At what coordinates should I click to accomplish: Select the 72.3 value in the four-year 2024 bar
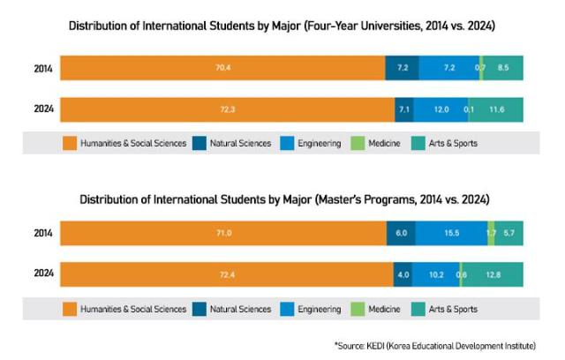pos(228,109)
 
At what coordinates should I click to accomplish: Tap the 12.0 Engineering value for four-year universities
pos(441,109)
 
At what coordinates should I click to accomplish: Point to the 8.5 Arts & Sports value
pos(503,67)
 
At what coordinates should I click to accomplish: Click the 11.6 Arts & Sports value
pos(496,109)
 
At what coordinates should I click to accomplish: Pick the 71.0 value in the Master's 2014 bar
pos(224,233)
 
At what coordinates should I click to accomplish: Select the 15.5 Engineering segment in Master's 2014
pos(450,233)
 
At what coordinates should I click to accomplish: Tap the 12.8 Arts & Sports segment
pos(493,275)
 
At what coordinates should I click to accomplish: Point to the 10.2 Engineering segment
pos(436,275)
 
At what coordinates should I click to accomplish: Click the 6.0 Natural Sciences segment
pos(401,233)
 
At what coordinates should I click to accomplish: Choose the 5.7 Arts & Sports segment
pos(509,233)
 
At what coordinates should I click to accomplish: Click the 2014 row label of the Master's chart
pos(41,233)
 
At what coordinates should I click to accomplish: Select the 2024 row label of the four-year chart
pos(41,109)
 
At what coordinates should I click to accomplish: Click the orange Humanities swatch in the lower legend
pos(69,309)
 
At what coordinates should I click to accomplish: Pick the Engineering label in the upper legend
pos(320,142)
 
